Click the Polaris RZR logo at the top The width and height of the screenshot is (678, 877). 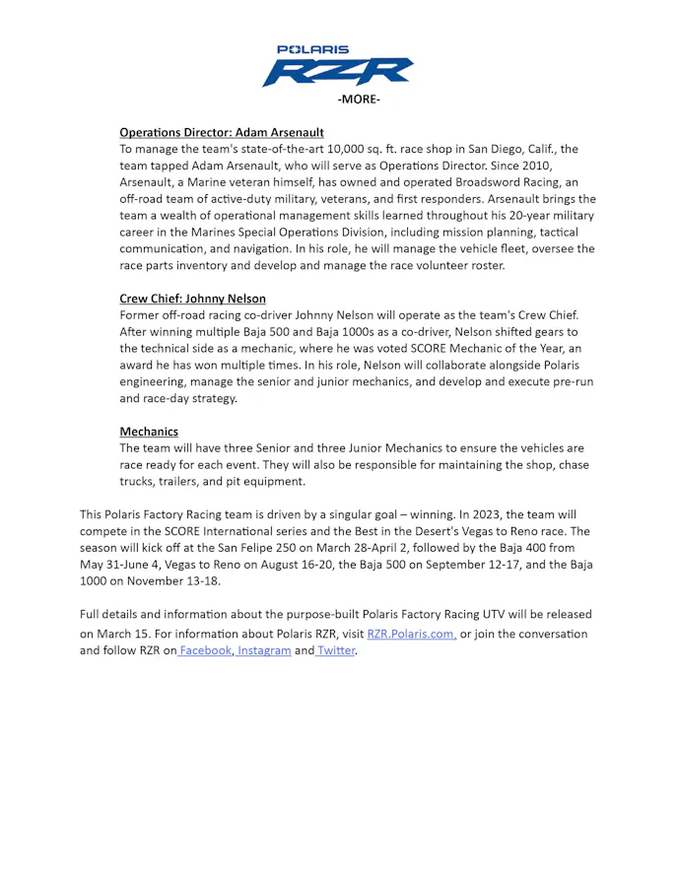tap(338, 66)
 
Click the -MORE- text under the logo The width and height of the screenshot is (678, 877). tap(358, 100)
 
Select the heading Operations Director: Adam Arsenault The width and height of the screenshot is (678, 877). tap(222, 132)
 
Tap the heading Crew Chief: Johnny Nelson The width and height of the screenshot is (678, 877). tap(192, 299)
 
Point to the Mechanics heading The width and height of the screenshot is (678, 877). tap(149, 432)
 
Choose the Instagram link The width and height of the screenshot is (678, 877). tap(264, 651)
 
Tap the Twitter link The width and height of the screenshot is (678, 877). tap(335, 651)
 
